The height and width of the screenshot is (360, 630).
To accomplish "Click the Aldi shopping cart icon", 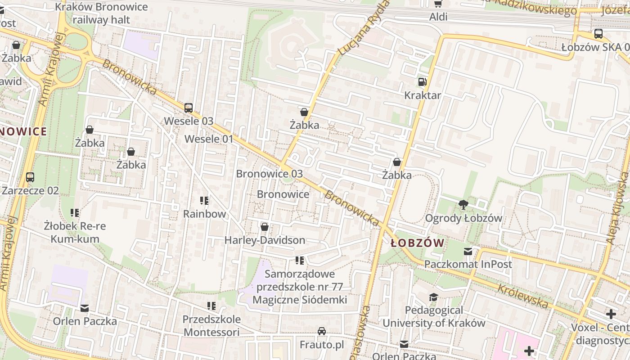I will (438, 4).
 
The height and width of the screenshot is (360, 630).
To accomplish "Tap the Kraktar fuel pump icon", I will (422, 82).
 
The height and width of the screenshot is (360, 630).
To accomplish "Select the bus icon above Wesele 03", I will (189, 108).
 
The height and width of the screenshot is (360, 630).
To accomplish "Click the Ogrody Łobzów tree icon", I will (463, 205).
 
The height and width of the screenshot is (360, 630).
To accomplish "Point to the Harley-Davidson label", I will (265, 240).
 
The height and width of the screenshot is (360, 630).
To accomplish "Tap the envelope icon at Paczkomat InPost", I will (468, 252).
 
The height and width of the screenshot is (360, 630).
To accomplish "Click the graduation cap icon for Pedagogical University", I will (433, 297).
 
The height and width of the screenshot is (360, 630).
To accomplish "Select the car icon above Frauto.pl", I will (322, 332).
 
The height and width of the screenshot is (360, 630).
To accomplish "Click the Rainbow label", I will (204, 214).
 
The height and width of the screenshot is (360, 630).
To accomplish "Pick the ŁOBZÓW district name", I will (417, 243).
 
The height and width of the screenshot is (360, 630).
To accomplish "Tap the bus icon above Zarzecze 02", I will (30, 177).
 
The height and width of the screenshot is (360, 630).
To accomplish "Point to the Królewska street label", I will (522, 296).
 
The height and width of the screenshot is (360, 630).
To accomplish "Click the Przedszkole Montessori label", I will (211, 326).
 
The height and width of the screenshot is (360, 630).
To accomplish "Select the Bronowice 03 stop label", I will (269, 174).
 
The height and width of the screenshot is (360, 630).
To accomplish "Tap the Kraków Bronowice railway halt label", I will (101, 13).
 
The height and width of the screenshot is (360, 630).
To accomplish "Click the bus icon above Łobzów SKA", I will (598, 34).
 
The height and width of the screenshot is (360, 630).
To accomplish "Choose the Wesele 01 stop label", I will (209, 139).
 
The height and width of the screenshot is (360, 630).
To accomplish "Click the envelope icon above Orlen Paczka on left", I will (85, 309).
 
